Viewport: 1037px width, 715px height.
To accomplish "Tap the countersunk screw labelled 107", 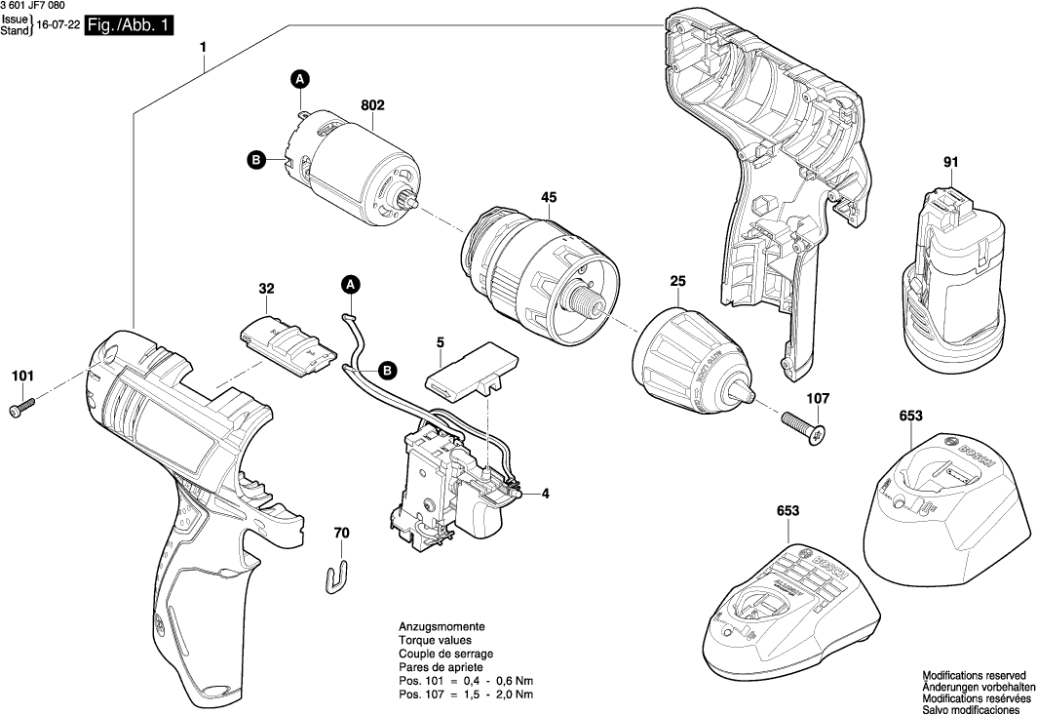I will pyautogui.click(x=805, y=426).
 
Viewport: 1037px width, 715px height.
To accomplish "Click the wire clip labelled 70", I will pyautogui.click(x=336, y=575).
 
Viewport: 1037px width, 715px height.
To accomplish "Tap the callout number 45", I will pyautogui.click(x=549, y=198).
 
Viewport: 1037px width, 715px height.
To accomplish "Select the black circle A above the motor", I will pyautogui.click(x=301, y=79).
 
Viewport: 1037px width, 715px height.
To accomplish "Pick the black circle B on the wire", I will pyautogui.click(x=387, y=371).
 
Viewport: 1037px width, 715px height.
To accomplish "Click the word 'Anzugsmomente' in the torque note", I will pyautogui.click(x=442, y=626).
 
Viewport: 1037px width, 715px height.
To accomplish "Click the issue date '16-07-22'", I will pyautogui.click(x=56, y=30).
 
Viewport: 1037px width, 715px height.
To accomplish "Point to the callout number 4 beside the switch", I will pyautogui.click(x=545, y=495).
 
